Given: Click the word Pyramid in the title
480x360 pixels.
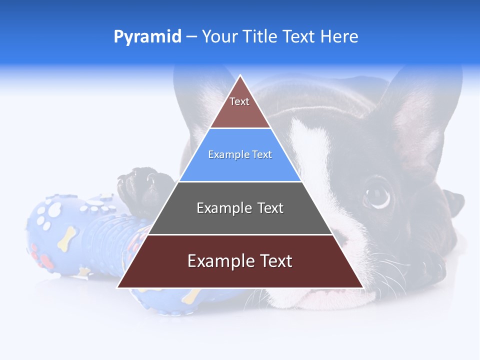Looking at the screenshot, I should click(x=147, y=36).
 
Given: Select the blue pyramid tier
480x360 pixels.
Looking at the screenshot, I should click(x=240, y=167).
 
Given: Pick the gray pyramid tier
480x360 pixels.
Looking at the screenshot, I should click(x=240, y=220).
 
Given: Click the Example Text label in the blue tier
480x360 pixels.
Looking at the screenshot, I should click(x=240, y=154).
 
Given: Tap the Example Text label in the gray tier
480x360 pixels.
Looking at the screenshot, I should click(x=240, y=208).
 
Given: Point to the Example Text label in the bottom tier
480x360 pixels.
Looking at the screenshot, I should click(x=240, y=261).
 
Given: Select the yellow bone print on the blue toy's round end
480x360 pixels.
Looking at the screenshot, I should click(x=66, y=238).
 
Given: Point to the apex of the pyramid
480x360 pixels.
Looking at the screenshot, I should click(x=240, y=76).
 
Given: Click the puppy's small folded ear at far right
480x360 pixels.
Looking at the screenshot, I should click(x=452, y=197).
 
